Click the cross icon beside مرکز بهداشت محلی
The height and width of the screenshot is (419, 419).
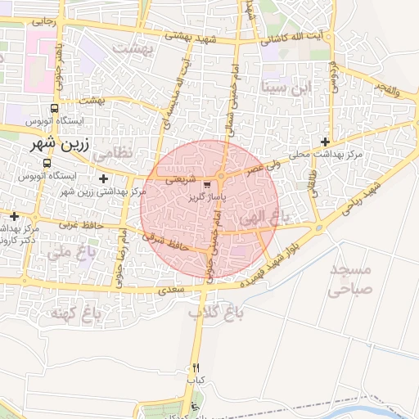(x=327, y=142)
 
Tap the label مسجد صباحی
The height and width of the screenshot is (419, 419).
(x=350, y=279)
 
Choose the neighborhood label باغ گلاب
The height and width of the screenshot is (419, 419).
(x=211, y=313)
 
